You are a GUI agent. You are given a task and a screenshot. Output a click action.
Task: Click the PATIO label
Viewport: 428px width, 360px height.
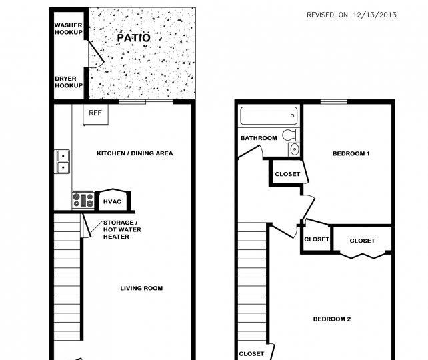pyautogui.click(x=134, y=38)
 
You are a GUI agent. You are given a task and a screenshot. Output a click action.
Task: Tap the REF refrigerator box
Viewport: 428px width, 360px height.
pyautogui.click(x=95, y=115)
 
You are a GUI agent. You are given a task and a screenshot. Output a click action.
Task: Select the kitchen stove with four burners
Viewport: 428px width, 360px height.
pyautogui.click(x=83, y=201)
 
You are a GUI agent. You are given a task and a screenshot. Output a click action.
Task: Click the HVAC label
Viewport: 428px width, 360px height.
pyautogui.click(x=112, y=202)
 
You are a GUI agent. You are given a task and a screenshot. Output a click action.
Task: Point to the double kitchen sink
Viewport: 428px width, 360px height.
pyautogui.click(x=63, y=161)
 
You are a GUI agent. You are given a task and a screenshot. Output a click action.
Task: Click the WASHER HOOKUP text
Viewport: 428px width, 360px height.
pyautogui.click(x=68, y=29)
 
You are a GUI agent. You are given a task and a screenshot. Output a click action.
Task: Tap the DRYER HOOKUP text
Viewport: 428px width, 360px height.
pyautogui.click(x=69, y=82)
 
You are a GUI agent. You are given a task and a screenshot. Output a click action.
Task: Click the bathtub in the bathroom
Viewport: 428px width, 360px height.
pyautogui.click(x=269, y=116)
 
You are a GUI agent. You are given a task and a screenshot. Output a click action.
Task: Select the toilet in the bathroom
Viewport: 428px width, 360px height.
pyautogui.click(x=291, y=135)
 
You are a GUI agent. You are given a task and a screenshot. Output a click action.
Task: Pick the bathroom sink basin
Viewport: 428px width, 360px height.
pyautogui.click(x=294, y=149)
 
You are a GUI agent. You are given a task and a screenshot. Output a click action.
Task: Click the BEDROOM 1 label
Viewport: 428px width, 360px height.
pyautogui.click(x=351, y=153)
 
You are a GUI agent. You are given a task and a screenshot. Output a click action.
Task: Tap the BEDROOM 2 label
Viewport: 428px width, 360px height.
pyautogui.click(x=332, y=319)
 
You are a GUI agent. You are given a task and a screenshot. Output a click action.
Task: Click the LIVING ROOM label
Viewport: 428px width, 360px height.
pyautogui.click(x=141, y=288)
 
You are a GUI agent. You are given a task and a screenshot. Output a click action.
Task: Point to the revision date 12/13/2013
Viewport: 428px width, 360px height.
pyautogui.click(x=375, y=15)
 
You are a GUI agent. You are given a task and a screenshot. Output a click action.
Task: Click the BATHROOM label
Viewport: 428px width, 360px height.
pyautogui.click(x=259, y=138)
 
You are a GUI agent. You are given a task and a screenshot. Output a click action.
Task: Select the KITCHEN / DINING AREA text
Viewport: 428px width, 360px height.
pyautogui.click(x=135, y=153)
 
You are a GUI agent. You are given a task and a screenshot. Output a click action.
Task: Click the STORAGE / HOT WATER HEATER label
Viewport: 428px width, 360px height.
pyautogui.click(x=122, y=229)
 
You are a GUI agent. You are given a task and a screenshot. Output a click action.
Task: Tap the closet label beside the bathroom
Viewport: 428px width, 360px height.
pyautogui.click(x=287, y=174)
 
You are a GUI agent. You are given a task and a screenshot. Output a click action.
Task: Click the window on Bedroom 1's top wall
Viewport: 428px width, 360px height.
pyautogui.click(x=334, y=102)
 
